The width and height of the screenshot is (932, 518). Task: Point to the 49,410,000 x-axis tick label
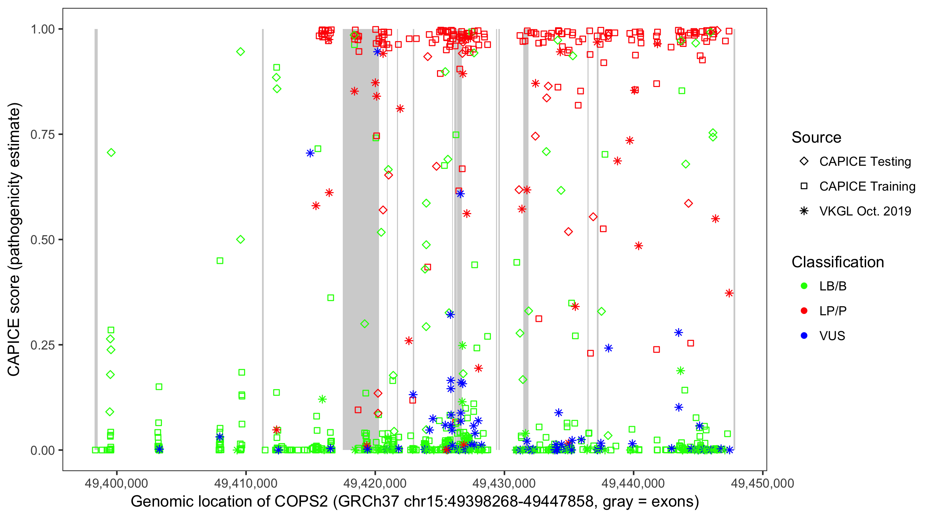[x=246, y=483]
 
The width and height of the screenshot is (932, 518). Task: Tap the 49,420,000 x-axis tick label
[x=375, y=483]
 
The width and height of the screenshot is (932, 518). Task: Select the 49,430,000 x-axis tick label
[x=504, y=483]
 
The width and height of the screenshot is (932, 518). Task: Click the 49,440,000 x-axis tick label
[x=633, y=483]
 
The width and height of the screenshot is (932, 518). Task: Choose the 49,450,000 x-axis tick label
[x=762, y=483]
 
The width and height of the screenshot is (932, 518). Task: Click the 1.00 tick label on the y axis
[x=43, y=29]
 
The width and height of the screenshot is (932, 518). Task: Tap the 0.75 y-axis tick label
[x=43, y=135]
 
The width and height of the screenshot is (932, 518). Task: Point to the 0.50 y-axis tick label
[x=43, y=240]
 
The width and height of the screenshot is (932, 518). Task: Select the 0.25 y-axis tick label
[x=43, y=345]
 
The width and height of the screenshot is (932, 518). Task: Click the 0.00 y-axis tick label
[x=43, y=450]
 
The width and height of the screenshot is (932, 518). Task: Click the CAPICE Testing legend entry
[x=865, y=162]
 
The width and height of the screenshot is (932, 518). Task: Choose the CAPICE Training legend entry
[x=867, y=186]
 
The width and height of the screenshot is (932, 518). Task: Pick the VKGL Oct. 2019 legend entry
[x=865, y=211]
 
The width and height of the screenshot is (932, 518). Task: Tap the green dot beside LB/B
[x=804, y=286]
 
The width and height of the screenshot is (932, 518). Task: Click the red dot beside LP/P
[x=804, y=311]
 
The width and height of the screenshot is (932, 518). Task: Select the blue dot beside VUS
[x=804, y=336]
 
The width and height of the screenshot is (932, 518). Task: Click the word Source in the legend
[x=816, y=137]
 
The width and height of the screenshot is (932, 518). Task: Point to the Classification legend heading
[x=837, y=262]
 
